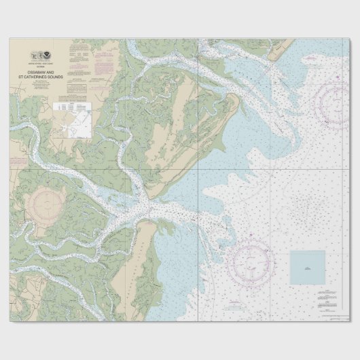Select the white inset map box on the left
pos(72,120)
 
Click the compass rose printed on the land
pos(46,203)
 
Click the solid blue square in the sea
pos(308,268)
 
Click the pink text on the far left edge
pos(18,162)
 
